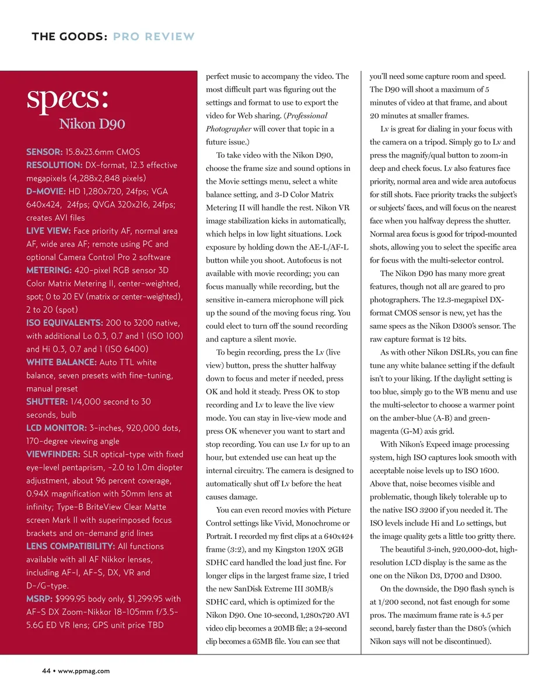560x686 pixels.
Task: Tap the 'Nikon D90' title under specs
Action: coord(92,124)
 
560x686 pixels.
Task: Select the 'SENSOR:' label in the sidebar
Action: coord(44,152)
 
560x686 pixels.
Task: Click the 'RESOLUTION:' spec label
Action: coord(54,165)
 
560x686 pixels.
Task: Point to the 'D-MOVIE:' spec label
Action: coord(46,191)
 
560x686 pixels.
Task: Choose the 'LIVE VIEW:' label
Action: coord(48,231)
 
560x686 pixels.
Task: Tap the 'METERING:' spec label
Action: coord(48,270)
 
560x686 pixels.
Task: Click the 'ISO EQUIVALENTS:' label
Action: coord(65,323)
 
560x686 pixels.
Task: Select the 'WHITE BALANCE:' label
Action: coord(61,362)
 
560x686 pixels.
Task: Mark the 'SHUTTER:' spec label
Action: coord(47,401)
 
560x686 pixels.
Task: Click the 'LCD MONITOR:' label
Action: coord(57,428)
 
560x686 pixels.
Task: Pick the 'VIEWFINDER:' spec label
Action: coord(53,454)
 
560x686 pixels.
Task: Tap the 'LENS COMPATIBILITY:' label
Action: coord(70,546)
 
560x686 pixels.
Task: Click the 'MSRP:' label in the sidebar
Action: coord(39,598)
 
